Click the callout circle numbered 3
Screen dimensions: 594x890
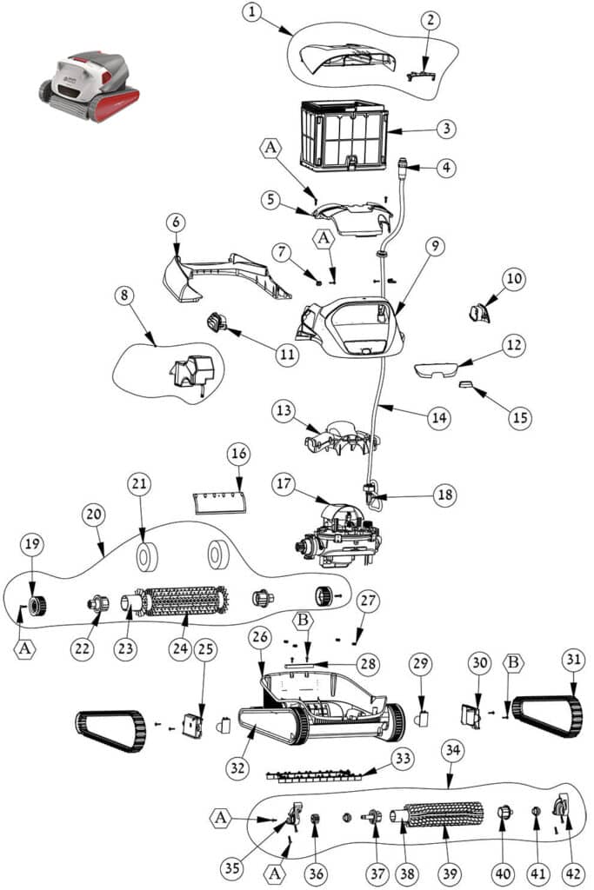pos(447,129)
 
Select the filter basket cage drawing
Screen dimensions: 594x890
pos(344,136)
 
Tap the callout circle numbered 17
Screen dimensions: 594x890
pos(283,483)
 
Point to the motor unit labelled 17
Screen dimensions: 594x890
pos(339,535)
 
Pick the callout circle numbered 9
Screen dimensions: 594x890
pos(435,246)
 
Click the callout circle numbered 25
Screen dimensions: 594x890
pos(205,648)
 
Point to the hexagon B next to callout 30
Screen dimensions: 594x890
pos(514,663)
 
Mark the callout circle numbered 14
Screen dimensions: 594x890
pos(439,418)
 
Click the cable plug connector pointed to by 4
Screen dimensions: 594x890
pos(404,164)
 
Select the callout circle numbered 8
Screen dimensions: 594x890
pos(125,296)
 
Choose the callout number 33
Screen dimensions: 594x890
pos(403,758)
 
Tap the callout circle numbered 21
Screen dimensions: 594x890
pos(139,483)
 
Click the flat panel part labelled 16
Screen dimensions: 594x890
pos(220,502)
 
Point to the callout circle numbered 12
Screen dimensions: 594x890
pos(514,345)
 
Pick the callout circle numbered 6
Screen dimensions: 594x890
pos(176,222)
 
